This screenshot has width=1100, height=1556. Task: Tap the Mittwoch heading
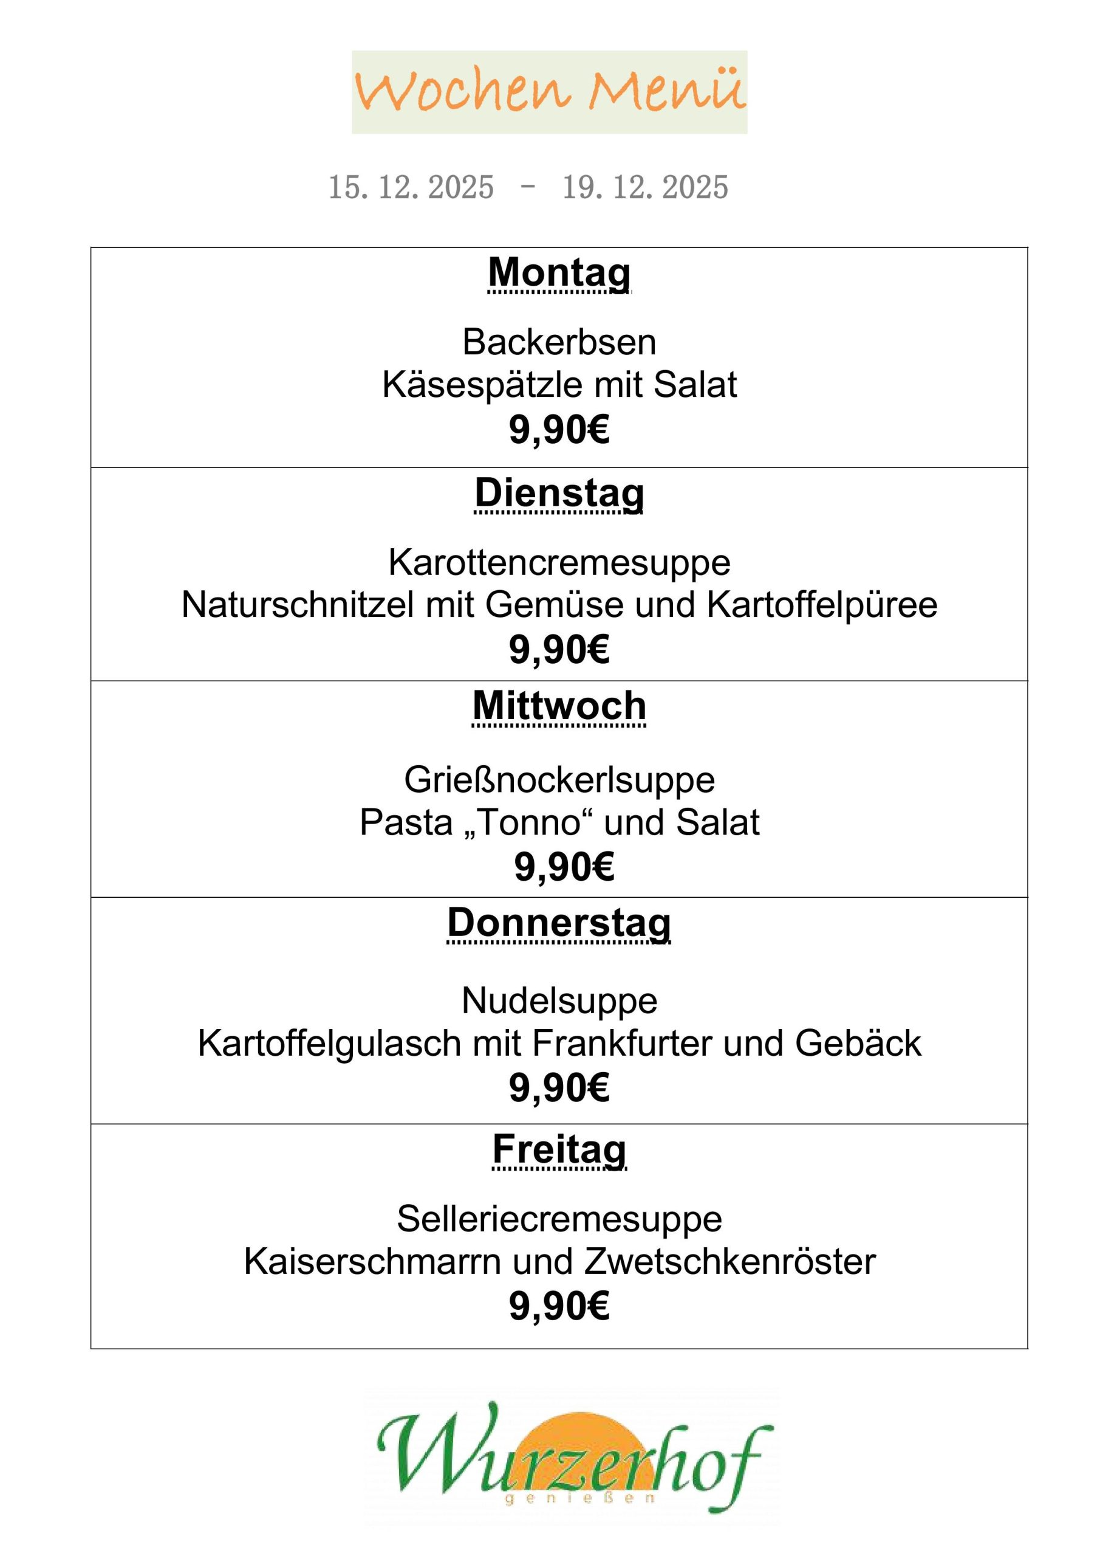click(x=559, y=706)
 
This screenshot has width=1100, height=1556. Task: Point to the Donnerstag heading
click(x=559, y=923)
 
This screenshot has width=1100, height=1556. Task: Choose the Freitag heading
click(x=559, y=1149)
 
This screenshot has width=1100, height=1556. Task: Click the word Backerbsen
click(x=559, y=342)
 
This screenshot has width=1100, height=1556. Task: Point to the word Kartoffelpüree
click(x=822, y=605)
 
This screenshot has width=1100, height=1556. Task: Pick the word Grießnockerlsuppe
click(x=559, y=780)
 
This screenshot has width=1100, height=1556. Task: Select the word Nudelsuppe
click(x=559, y=1000)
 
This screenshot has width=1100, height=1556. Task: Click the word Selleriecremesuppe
click(x=559, y=1219)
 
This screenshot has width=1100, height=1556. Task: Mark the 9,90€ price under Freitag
click(x=559, y=1305)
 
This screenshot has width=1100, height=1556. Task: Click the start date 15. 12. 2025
click(x=411, y=187)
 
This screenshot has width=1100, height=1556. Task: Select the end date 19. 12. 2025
click(x=645, y=187)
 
